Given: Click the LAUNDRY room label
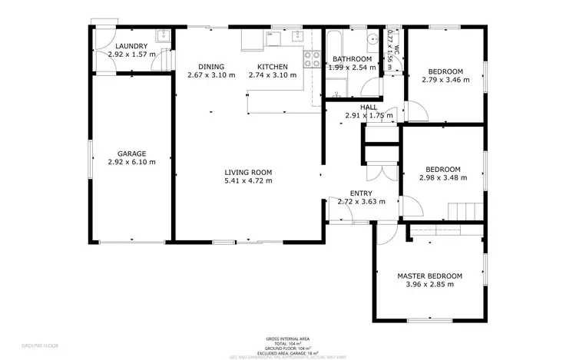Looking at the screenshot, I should point(131,46).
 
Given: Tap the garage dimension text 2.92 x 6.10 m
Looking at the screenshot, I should point(131,162).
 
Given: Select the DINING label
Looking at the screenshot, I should point(211,67).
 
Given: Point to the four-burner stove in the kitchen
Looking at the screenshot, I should point(312,59).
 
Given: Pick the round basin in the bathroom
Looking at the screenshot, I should point(371,39).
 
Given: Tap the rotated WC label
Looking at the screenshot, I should point(396,38).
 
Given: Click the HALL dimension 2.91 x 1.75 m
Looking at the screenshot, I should point(369,116).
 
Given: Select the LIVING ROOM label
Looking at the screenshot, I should point(248,172).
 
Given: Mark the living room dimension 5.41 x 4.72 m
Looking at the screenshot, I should point(248,181).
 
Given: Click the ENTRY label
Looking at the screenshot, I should point(361,193).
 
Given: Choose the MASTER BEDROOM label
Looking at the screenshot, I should point(429,276).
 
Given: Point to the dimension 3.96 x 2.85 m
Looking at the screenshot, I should point(429,285).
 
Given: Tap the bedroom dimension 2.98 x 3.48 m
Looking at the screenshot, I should point(443,178).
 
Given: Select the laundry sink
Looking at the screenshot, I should point(162,35).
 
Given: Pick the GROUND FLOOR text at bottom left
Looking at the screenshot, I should point(38,346).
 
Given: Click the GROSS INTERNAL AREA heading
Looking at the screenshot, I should point(287,338).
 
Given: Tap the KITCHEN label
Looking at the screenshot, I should point(272,67).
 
